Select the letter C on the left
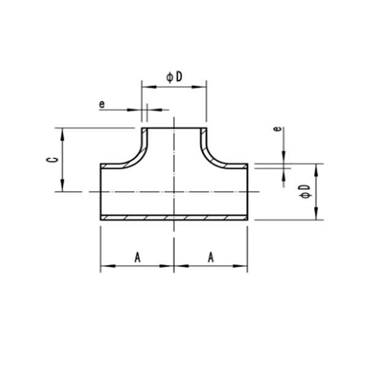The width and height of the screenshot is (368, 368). pyautogui.click(x=54, y=159)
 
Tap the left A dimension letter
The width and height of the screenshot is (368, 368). pyautogui.click(x=137, y=258)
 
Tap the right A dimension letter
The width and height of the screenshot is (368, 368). pyautogui.click(x=210, y=258)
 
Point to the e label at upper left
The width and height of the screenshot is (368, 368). pyautogui.click(x=102, y=104)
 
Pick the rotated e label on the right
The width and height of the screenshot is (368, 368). pyautogui.click(x=278, y=129)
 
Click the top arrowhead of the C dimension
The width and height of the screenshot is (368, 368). pyautogui.click(x=63, y=132)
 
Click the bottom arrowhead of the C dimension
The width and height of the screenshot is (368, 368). pyautogui.click(x=63, y=188)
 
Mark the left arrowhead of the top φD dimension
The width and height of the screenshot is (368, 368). pyautogui.click(x=145, y=87)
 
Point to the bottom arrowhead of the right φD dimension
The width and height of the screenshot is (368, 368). pyautogui.click(x=316, y=215)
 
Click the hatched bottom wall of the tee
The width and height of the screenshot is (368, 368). pyautogui.click(x=174, y=217)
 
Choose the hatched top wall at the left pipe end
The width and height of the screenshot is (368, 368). pyautogui.click(x=113, y=166)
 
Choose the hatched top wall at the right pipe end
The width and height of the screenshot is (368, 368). pyautogui.click(x=236, y=166)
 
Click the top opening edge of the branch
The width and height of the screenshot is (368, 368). pyautogui.click(x=174, y=128)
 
